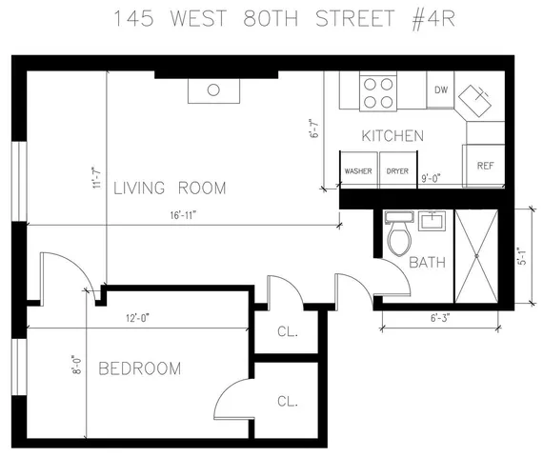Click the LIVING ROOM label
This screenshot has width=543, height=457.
tap(170, 188)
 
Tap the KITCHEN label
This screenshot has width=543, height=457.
tap(392, 136)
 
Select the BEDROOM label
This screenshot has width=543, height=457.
tap(139, 368)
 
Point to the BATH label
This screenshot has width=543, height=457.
tap(427, 263)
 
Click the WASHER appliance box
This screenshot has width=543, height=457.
tap(358, 171)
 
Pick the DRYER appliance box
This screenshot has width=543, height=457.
tap(397, 171)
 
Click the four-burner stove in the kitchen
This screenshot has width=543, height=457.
tap(378, 92)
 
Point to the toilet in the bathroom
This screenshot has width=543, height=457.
tap(398, 237)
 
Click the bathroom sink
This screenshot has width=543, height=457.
tap(431, 223)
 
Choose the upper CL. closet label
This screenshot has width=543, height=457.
tap(287, 332)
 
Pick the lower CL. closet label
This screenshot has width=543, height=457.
tap(287, 402)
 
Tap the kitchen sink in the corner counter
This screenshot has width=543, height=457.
tap(476, 96)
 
